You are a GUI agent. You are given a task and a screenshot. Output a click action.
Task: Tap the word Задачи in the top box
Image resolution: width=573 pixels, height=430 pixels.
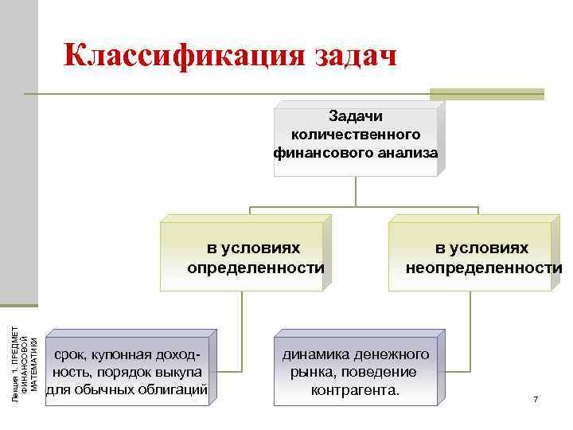(356, 117)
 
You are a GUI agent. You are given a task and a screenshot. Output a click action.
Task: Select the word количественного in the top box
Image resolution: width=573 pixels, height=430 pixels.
(356, 134)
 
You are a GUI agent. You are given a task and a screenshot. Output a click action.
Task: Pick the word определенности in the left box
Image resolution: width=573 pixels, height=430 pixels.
(255, 267)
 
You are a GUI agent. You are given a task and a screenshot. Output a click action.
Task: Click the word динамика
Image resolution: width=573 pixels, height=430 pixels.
(314, 354)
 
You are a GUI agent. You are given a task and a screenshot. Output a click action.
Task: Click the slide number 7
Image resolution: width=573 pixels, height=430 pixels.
(536, 398)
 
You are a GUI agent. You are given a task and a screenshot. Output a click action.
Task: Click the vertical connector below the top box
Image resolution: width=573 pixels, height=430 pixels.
(355, 191)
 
